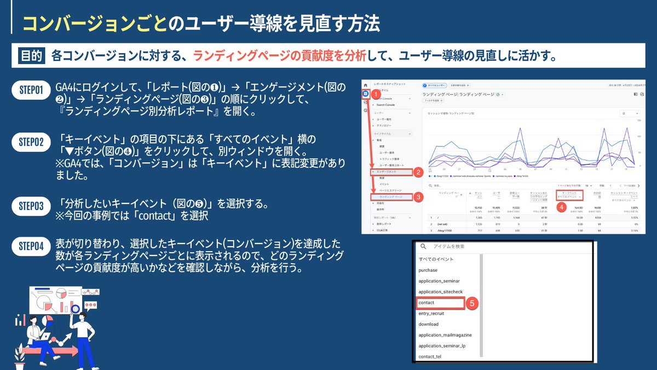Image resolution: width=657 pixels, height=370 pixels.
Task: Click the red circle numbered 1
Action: [377, 95]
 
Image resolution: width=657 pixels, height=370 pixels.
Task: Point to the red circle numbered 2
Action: [418, 172]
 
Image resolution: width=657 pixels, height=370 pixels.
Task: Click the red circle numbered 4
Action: [561, 208]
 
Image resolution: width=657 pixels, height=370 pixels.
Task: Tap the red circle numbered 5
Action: [473, 303]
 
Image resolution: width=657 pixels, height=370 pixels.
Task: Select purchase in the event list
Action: [428, 270]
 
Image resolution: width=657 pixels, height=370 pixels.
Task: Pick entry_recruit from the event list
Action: [431, 314]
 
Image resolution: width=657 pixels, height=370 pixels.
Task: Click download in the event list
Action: [428, 324]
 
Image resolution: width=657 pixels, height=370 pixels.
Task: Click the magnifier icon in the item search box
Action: [423, 247]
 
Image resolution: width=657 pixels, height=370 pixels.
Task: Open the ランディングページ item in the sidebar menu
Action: [391, 196]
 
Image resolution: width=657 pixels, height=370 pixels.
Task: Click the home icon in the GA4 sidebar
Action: [365, 86]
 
